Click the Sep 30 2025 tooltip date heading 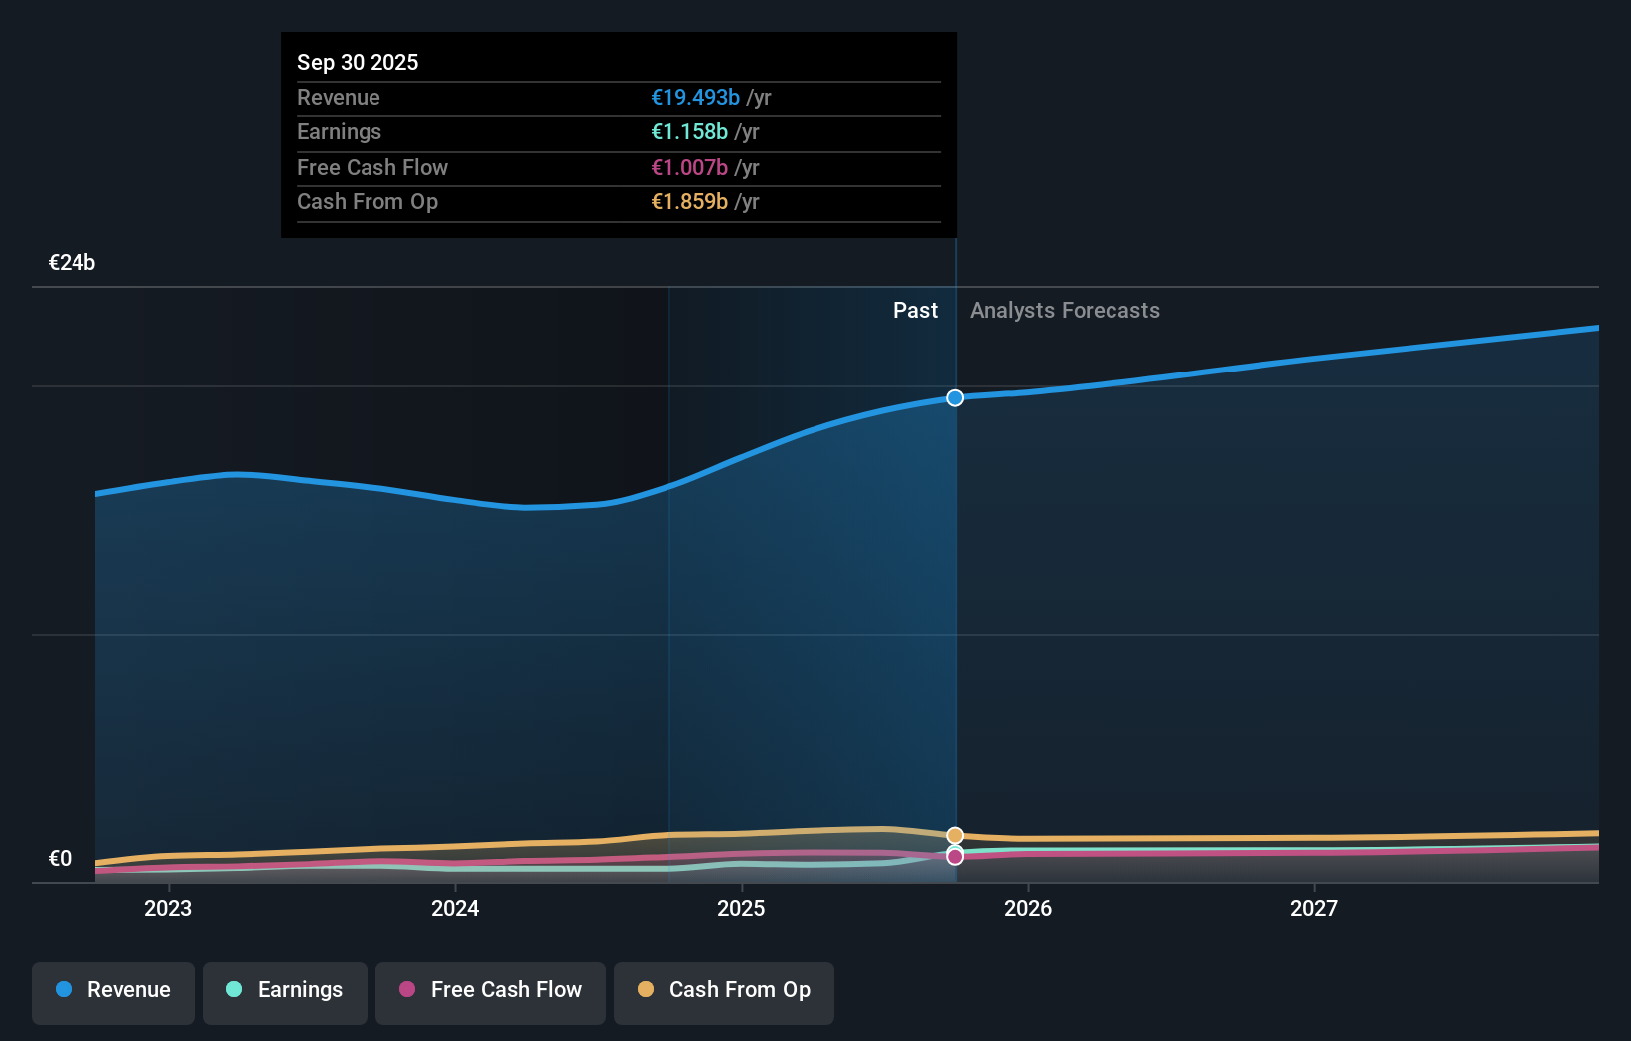coord(358,62)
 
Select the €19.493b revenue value coord(695,97)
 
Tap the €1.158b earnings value coord(689,131)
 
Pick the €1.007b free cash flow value coord(689,167)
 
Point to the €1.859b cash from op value coord(689,201)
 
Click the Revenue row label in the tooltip coord(339,97)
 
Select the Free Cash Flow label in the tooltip coord(372,167)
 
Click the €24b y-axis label coord(72,262)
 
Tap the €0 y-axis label coord(60,858)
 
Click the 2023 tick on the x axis coord(168,908)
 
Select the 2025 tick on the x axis coord(741,908)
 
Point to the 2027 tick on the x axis coord(1313,908)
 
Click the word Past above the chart coord(915,310)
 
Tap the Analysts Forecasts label coord(1065,310)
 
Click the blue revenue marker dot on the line coord(955,398)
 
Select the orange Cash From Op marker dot coord(955,836)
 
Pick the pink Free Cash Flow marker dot coord(955,857)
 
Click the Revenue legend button coord(113,990)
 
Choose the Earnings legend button coord(285,990)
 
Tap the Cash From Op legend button coord(724,990)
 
